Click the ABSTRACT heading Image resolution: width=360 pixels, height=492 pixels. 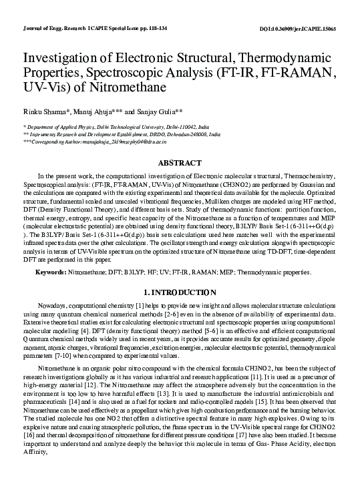pos(179,163)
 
